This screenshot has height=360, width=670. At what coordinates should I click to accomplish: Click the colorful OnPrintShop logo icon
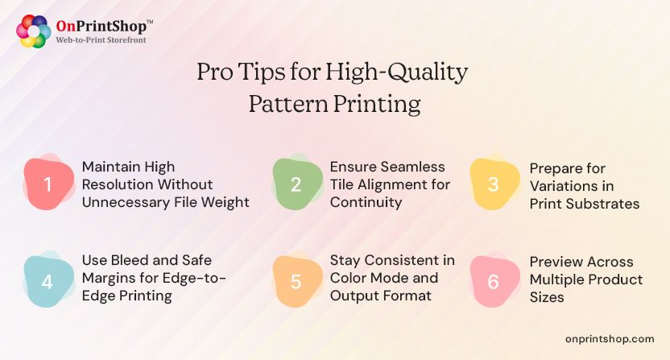tap(34, 31)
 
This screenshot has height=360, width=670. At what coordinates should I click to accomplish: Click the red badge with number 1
tap(47, 184)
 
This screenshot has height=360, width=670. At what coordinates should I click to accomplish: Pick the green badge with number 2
tap(295, 184)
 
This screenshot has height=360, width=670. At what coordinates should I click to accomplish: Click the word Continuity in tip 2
tap(366, 202)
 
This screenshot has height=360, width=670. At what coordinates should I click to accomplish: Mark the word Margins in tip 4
tap(110, 278)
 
